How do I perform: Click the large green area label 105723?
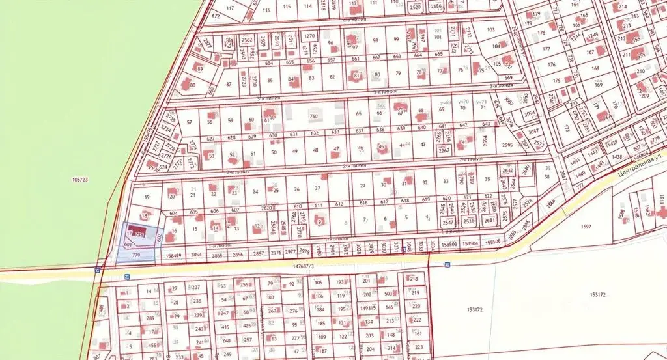pyautogui.click(x=81, y=178)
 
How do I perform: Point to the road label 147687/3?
pyautogui.click(x=304, y=266)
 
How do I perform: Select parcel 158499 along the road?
pyautogui.click(x=173, y=255)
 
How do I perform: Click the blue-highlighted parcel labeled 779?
pyautogui.click(x=136, y=256)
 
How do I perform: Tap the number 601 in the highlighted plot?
pyautogui.click(x=128, y=244)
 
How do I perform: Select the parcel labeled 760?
pyautogui.click(x=313, y=117)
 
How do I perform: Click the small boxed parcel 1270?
pyautogui.click(x=310, y=36)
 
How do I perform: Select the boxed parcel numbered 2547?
pyautogui.click(x=447, y=222)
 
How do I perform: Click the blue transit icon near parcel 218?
pyautogui.click(x=447, y=264)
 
